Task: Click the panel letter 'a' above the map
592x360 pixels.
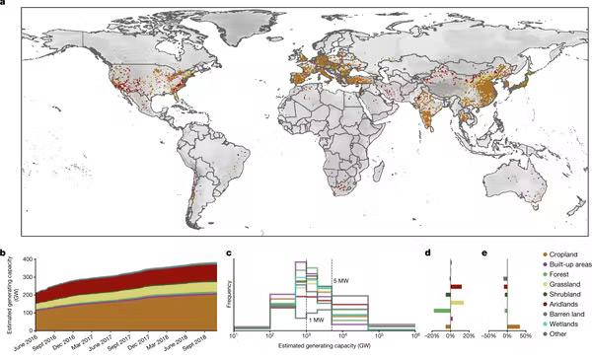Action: pyautogui.click(x=4, y=4)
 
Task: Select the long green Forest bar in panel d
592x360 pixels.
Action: pyautogui.click(x=442, y=311)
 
